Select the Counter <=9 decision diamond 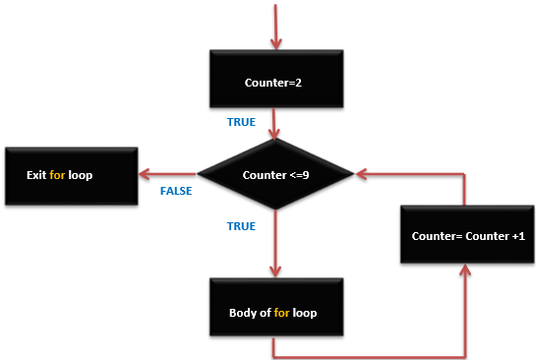pos(276,176)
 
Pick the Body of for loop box pos(276,312)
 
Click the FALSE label pos(176,191)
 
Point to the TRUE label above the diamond pos(241,123)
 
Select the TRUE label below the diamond pos(241,226)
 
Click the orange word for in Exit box pos(58,177)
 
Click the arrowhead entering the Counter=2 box pos(276,44)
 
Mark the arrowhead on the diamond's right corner pos(361,176)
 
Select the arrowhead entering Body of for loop pos(276,272)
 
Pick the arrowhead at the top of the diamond pos(276,136)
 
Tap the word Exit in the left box pos(36,177)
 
